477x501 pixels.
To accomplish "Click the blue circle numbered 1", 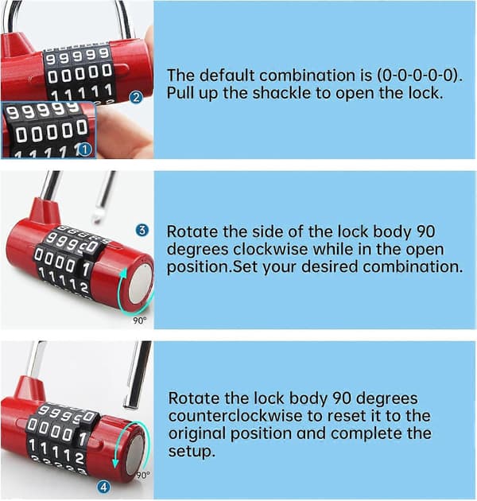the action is coord(84,150).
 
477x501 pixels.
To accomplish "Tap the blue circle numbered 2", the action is coord(136,97).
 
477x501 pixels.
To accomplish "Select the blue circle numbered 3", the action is coord(142,230).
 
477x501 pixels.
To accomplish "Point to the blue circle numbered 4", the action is coord(103,487).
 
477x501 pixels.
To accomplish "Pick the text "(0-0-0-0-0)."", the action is coord(420,76).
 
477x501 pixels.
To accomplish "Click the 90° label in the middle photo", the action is coord(140,320).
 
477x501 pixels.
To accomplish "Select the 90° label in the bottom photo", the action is coord(143,475).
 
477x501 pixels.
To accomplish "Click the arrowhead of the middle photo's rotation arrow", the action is coord(123,274).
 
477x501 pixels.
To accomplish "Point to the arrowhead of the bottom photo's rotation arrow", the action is coord(115,464).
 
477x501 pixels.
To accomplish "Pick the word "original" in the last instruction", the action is coord(197,434).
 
